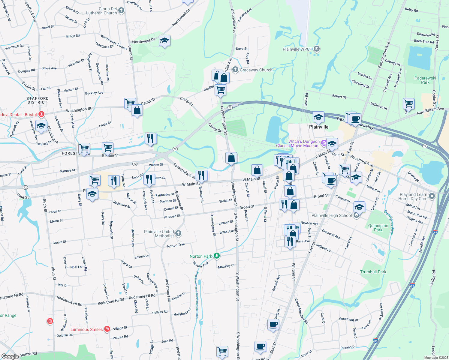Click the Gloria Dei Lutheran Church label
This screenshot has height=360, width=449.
coord(101,11)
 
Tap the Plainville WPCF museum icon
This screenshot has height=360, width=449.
coord(317,49)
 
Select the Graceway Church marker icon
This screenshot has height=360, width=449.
coord(235,70)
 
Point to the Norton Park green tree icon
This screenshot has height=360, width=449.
coord(217,256)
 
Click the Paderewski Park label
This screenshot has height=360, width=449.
coord(425,80)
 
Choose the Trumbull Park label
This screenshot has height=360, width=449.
coord(373,272)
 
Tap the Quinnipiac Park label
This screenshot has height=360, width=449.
coord(378,228)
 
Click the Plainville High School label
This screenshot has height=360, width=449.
coord(331,215)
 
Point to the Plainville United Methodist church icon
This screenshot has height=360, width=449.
coord(178,233)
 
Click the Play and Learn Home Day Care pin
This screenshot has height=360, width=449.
coord(432,196)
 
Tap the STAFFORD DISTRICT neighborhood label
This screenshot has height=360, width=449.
coord(37,100)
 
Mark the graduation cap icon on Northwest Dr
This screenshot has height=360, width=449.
coord(164,41)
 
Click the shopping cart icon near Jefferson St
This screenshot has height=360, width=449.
coord(408,104)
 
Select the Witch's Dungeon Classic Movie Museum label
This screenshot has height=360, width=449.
coord(298,143)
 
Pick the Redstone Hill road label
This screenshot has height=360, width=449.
coord(168,290)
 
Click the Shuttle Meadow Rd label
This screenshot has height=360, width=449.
coord(301,310)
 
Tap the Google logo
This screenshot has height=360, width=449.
coord(10,356)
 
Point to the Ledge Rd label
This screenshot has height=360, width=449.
coord(433,278)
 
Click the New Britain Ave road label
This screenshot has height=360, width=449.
coord(430,111)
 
